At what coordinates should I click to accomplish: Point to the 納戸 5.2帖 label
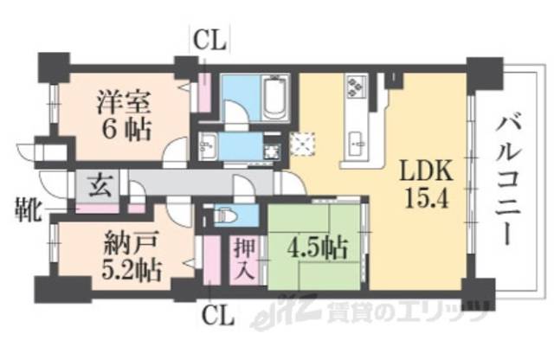tap(127, 255)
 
